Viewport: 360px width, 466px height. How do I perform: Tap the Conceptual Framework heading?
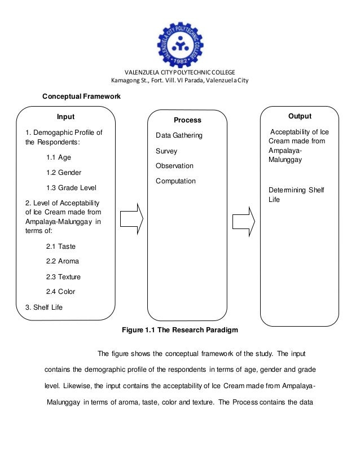82,96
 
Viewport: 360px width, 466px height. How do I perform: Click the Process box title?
187,120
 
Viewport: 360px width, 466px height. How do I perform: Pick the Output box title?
300,116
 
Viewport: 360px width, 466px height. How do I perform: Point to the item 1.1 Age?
59,157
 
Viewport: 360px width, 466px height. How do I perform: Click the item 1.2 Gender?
64,172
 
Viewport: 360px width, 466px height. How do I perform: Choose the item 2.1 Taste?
60,247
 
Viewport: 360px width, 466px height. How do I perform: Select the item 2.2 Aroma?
62,261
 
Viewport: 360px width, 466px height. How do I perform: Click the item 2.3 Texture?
63,277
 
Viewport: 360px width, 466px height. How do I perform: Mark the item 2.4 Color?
60,292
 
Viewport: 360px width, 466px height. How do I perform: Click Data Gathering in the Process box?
179,136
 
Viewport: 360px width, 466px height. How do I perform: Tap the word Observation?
174,166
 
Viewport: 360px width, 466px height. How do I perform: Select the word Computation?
175,181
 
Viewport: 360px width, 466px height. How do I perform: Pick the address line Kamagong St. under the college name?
180,80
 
